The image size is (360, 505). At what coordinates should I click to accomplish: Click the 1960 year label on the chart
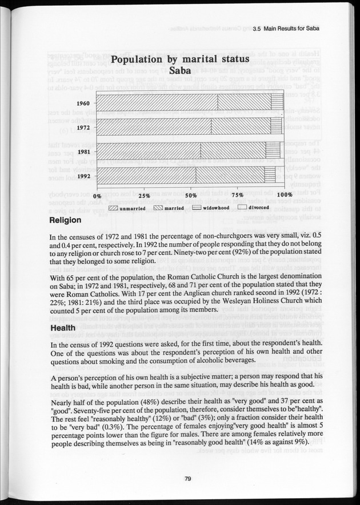83,104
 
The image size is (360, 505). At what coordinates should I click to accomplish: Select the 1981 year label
83,152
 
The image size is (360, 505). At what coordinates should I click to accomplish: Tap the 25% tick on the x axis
144,196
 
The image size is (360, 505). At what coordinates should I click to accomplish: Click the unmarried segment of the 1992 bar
147,176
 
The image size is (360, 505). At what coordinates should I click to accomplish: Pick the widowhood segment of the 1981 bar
273,152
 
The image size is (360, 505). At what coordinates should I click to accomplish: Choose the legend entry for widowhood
211,208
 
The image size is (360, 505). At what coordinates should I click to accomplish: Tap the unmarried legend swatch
113,208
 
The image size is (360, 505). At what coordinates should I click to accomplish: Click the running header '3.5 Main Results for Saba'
284,29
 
